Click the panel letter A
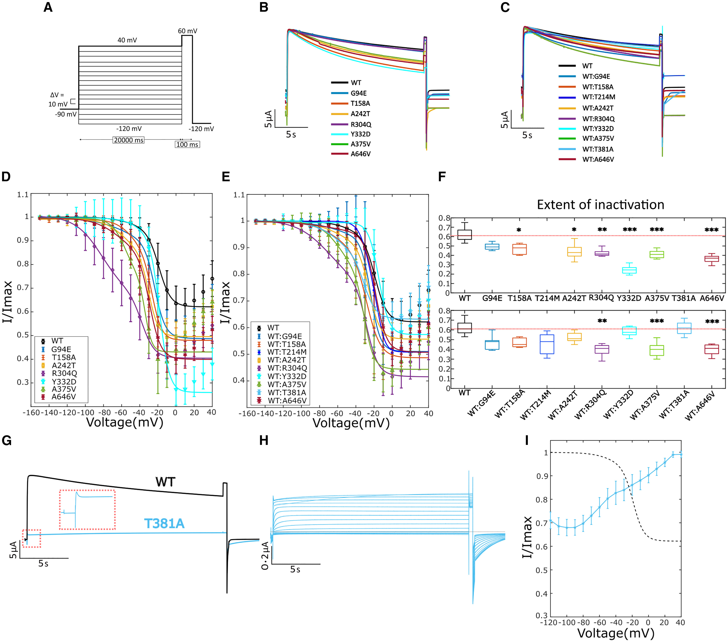pyautogui.click(x=48, y=8)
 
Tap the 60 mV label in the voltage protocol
pyautogui.click(x=187, y=31)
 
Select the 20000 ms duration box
pyautogui.click(x=128, y=140)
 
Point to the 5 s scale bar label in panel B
pyautogui.click(x=291, y=135)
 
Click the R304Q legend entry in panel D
pyautogui.click(x=64, y=373)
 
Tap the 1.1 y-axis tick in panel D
pyautogui.click(x=23, y=195)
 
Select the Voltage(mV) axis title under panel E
pyautogui.click(x=351, y=423)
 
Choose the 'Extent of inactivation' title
pyautogui.click(x=600, y=205)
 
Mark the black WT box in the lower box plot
pyautogui.click(x=464, y=328)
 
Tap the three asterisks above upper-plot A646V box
pyautogui.click(x=711, y=230)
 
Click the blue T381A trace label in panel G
pyautogui.click(x=164, y=524)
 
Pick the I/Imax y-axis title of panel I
pyautogui.click(x=527, y=537)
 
